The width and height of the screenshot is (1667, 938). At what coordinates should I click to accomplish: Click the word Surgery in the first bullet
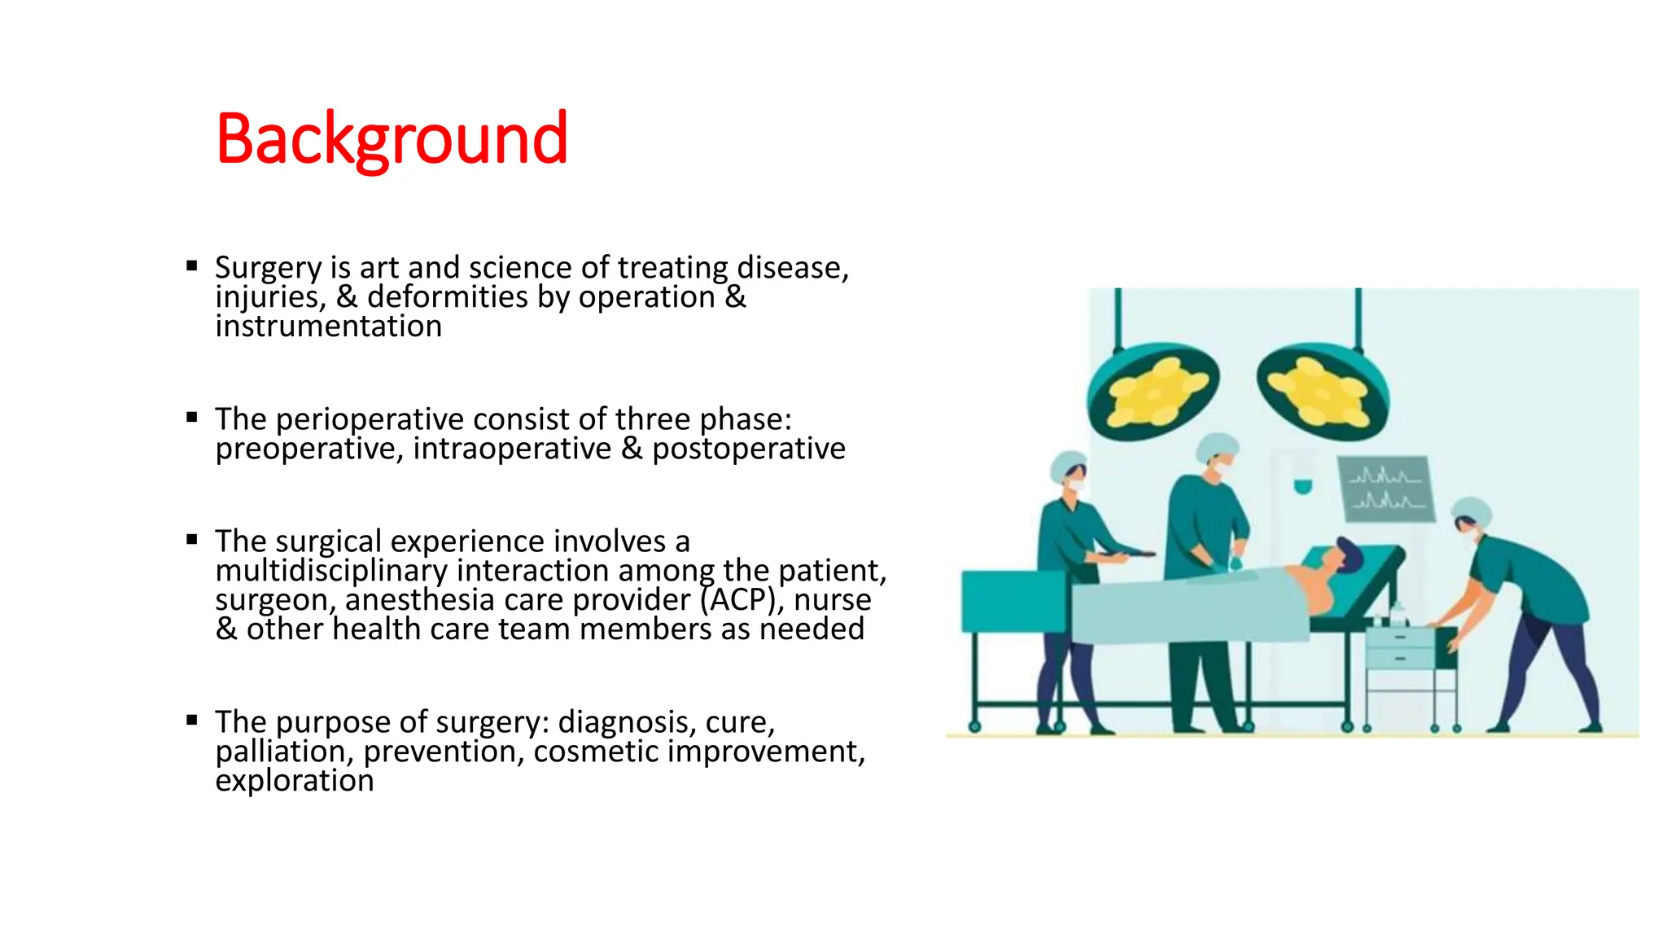(268, 268)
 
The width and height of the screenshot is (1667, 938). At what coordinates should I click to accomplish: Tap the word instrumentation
(328, 327)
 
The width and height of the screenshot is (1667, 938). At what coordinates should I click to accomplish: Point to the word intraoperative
(512, 449)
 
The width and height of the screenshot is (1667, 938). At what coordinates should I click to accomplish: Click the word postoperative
(748, 449)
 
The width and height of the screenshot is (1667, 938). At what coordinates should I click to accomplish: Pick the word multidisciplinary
(331, 571)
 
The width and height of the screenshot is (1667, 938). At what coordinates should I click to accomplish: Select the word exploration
(294, 781)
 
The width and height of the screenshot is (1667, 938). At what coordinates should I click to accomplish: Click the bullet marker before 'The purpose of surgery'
(192, 720)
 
